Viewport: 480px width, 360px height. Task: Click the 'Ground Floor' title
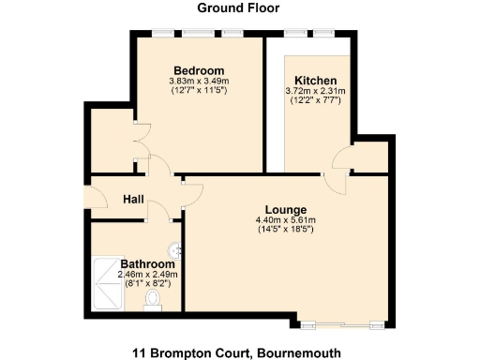tap(239, 8)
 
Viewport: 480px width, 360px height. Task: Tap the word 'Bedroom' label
tap(200, 71)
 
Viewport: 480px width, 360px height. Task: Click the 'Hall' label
tap(131, 199)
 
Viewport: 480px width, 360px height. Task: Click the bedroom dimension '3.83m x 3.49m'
tap(200, 82)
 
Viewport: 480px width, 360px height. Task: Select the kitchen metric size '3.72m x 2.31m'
tap(316, 91)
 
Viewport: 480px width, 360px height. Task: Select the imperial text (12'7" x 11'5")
tap(200, 91)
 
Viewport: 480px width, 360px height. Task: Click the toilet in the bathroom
tap(155, 300)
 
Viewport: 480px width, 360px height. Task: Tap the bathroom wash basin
tap(175, 250)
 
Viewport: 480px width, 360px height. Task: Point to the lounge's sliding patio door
tap(348, 324)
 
